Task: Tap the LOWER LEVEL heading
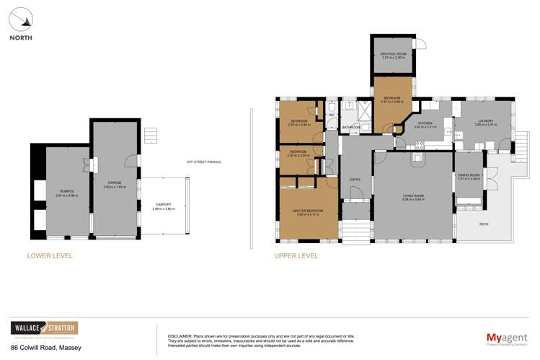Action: click(x=49, y=255)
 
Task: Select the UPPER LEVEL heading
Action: click(x=296, y=255)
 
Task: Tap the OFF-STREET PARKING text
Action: click(x=203, y=162)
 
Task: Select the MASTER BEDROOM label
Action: click(x=308, y=211)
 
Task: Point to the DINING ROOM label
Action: click(x=470, y=175)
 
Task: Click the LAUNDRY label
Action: click(x=482, y=122)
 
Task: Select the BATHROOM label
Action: click(x=351, y=128)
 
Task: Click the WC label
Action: click(x=332, y=115)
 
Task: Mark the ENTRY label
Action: click(x=355, y=180)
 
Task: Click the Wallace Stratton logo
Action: click(x=43, y=328)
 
